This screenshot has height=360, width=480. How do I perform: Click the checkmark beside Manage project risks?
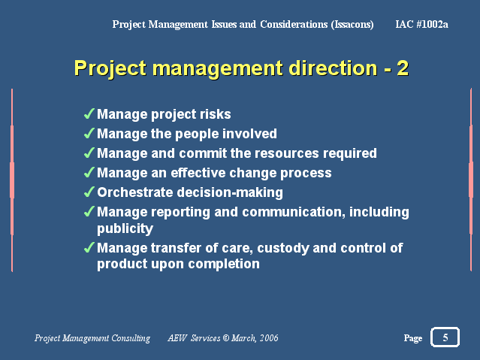coord(89,113)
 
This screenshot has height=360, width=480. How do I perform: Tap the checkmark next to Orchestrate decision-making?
coord(89,192)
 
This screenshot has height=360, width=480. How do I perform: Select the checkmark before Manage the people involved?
coord(89,133)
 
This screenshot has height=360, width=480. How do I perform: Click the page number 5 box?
coord(445,337)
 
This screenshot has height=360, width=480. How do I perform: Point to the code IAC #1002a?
coord(421,24)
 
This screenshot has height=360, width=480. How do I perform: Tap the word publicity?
coord(125,229)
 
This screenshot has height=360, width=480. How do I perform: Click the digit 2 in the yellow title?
coord(403,68)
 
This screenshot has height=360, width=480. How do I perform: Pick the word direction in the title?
coord(333,68)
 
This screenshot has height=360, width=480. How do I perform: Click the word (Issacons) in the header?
coord(352,24)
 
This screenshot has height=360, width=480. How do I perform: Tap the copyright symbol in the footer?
coord(226,338)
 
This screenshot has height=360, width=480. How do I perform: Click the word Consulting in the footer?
coord(131,338)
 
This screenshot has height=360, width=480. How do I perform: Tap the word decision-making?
coord(230,192)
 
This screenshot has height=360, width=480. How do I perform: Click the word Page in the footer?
coord(412,338)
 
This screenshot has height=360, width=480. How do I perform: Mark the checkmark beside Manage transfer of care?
coord(89,247)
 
